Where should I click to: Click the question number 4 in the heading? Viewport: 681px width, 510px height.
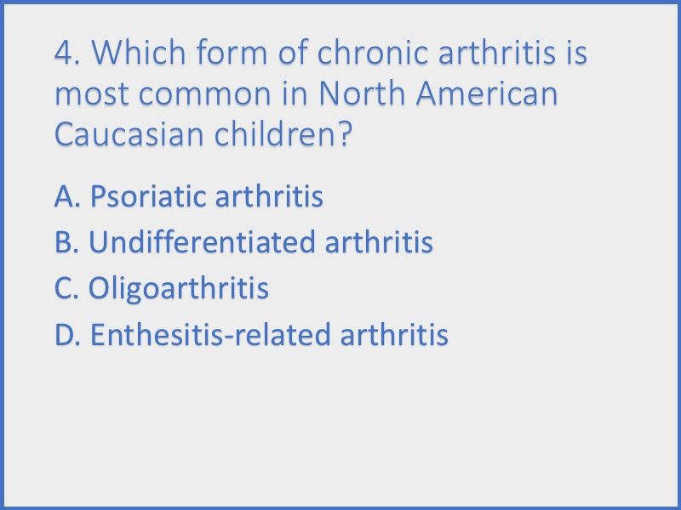coord(65,54)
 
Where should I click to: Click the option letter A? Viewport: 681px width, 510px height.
coord(66,197)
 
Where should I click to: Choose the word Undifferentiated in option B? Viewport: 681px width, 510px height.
coord(203,243)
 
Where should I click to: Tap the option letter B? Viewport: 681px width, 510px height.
coord(66,243)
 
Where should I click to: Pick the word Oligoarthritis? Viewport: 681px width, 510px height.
coord(179,289)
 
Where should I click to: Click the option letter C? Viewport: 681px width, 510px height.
coord(66,289)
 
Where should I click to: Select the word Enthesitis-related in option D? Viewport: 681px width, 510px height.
coord(211,335)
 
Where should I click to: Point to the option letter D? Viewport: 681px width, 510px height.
coord(67,335)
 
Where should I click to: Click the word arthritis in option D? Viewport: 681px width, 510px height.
coord(394,335)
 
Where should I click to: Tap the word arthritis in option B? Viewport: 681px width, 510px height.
coord(379,243)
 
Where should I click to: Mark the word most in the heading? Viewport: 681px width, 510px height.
coord(90,93)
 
